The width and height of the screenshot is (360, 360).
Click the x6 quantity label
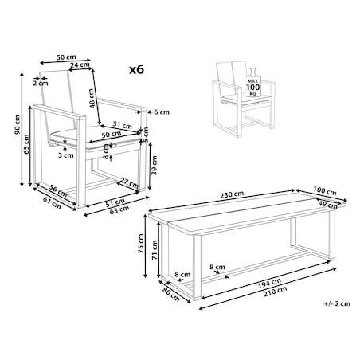coord(136,70)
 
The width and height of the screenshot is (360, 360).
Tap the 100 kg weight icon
coord(253,83)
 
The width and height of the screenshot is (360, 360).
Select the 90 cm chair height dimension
coord(18,124)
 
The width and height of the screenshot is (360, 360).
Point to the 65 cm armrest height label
coord(26,144)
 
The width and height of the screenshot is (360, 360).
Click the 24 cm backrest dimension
coord(80,65)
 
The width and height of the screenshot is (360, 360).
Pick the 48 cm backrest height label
coord(92,98)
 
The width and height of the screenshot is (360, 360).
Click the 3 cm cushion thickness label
coord(66,155)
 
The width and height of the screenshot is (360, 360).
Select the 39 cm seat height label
coord(155,165)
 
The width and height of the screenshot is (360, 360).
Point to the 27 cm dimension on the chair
coord(129,182)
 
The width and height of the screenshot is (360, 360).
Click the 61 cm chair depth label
coord(52,202)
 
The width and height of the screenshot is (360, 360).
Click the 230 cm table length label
coord(232,194)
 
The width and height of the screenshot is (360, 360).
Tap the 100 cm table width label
coord(324,190)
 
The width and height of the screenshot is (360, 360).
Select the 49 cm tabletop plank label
coord(328,205)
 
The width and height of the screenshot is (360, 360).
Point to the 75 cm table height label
coord(141,244)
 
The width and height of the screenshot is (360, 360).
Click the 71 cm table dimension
coord(155,249)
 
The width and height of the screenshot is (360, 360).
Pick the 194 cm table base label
coord(269,283)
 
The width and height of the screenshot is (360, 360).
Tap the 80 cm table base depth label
coord(171,295)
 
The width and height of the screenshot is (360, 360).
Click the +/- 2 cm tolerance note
coord(337,303)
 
